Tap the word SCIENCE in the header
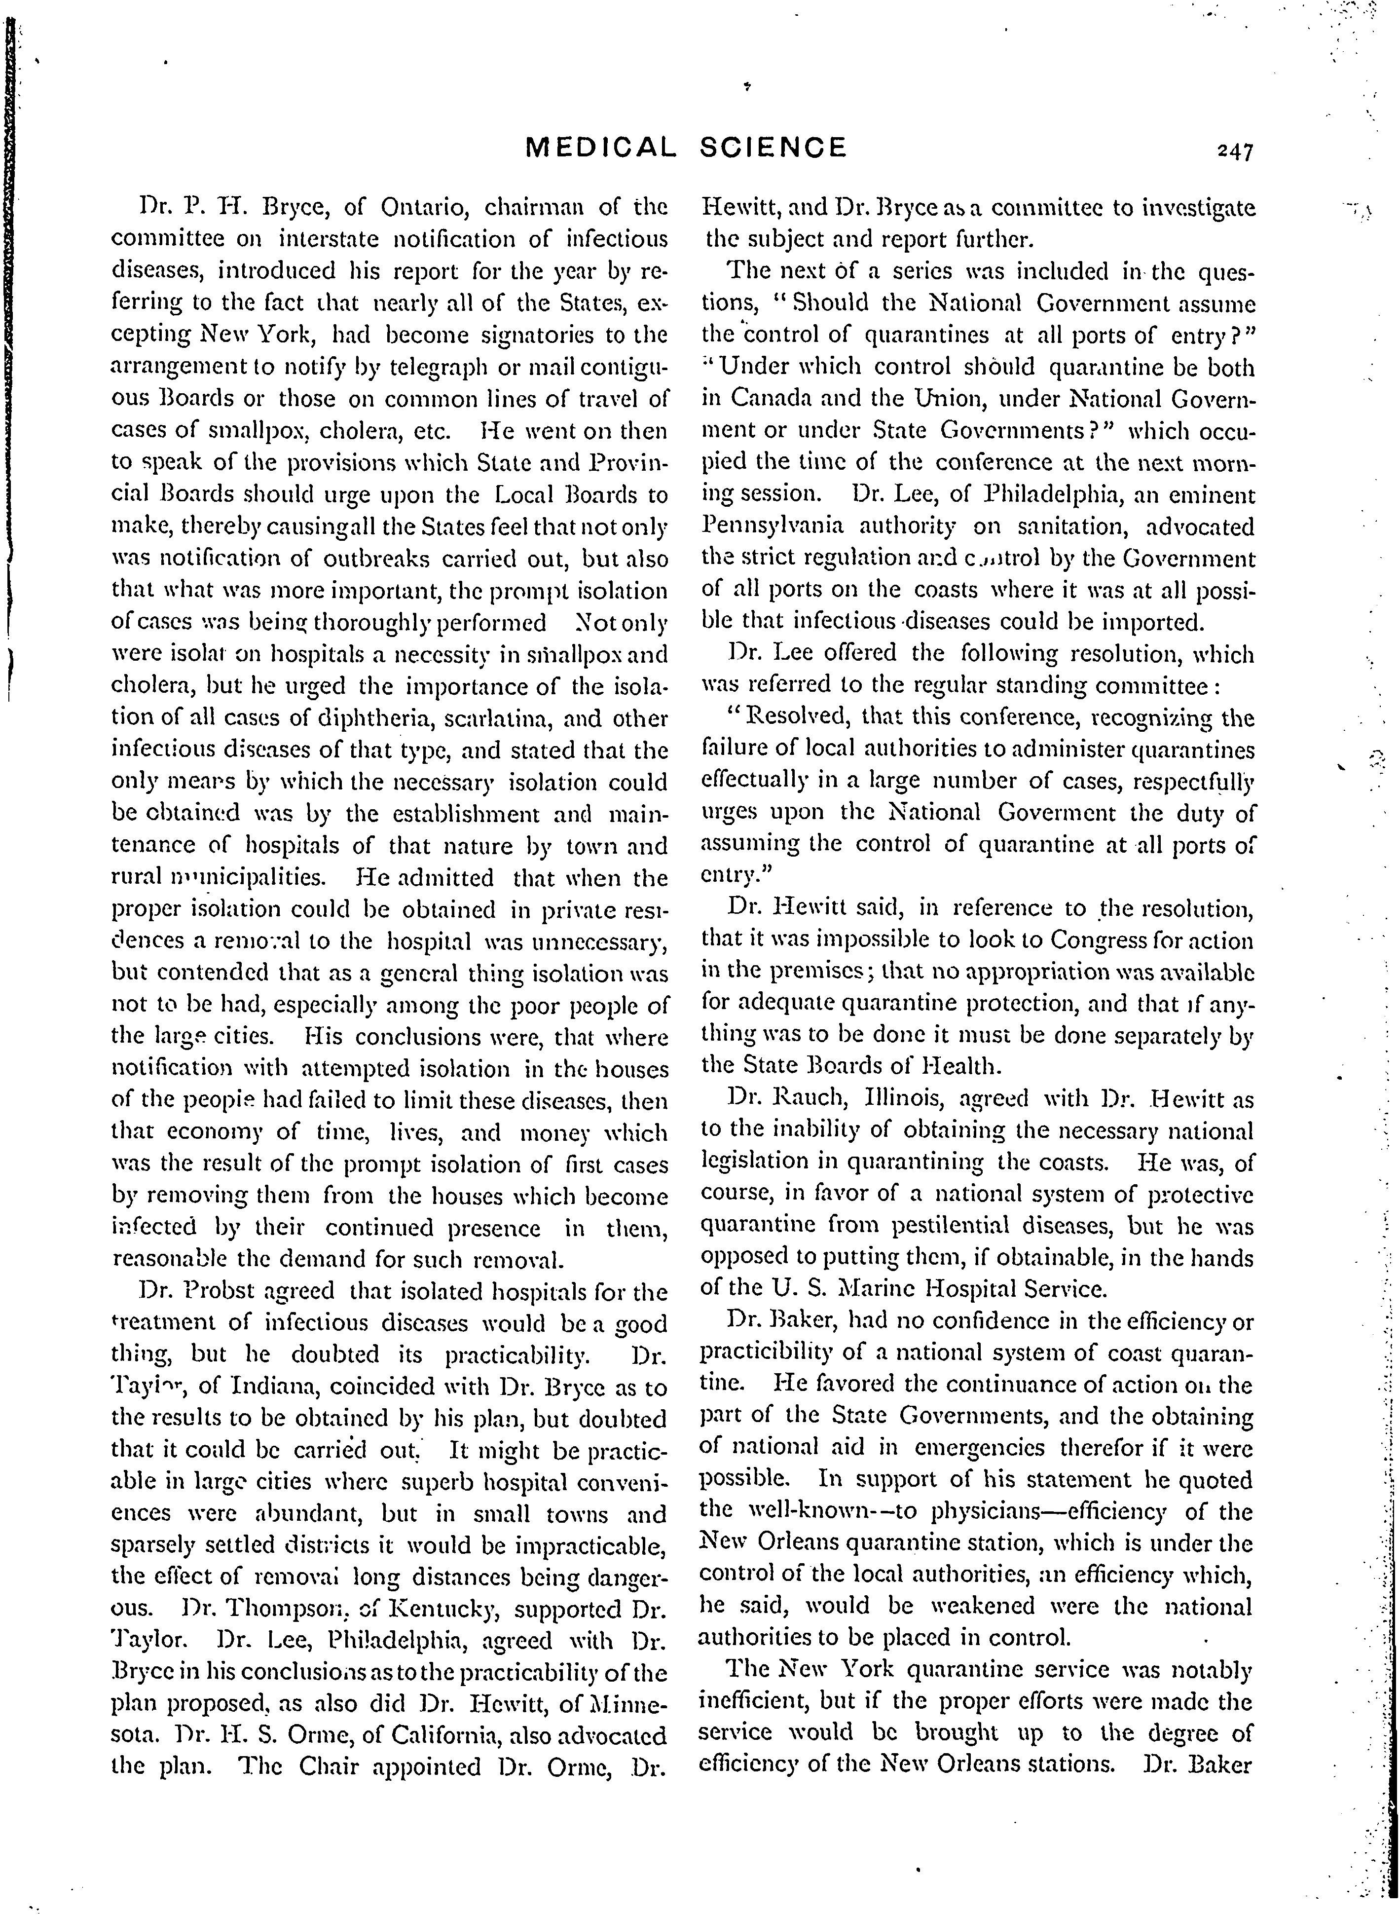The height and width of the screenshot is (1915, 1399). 773,148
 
